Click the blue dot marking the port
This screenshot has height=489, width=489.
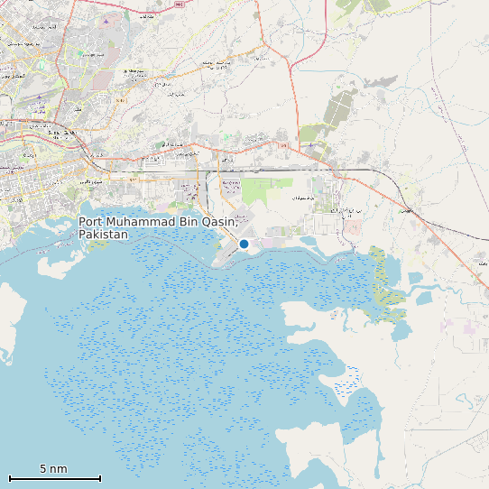244,244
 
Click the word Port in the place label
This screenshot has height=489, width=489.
91,222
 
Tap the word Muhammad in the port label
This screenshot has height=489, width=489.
143,222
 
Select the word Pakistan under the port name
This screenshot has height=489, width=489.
103,235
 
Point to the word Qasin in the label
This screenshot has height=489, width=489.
219,222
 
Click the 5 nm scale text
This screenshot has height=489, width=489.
53,468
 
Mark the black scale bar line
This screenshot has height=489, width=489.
54,478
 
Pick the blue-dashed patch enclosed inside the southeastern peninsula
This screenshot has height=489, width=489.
347,383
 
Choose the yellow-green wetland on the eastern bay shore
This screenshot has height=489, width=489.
385,280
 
